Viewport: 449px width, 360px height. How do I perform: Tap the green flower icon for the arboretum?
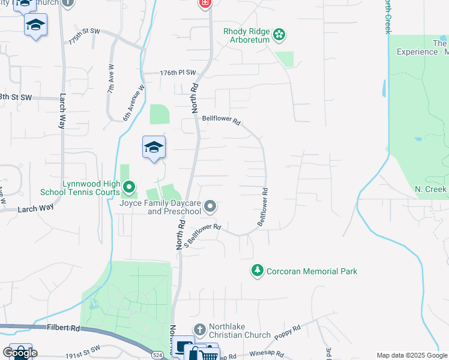[279, 35]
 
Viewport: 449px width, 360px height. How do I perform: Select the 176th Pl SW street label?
[178, 73]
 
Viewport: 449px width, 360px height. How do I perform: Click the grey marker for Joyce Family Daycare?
[210, 207]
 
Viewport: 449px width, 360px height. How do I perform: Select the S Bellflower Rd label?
[202, 235]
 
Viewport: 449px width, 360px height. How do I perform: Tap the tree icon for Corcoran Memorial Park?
[258, 271]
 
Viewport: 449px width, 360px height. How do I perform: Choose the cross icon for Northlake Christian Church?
[200, 329]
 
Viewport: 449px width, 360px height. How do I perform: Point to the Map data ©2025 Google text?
[412, 355]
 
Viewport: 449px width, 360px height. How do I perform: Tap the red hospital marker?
[205, 4]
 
